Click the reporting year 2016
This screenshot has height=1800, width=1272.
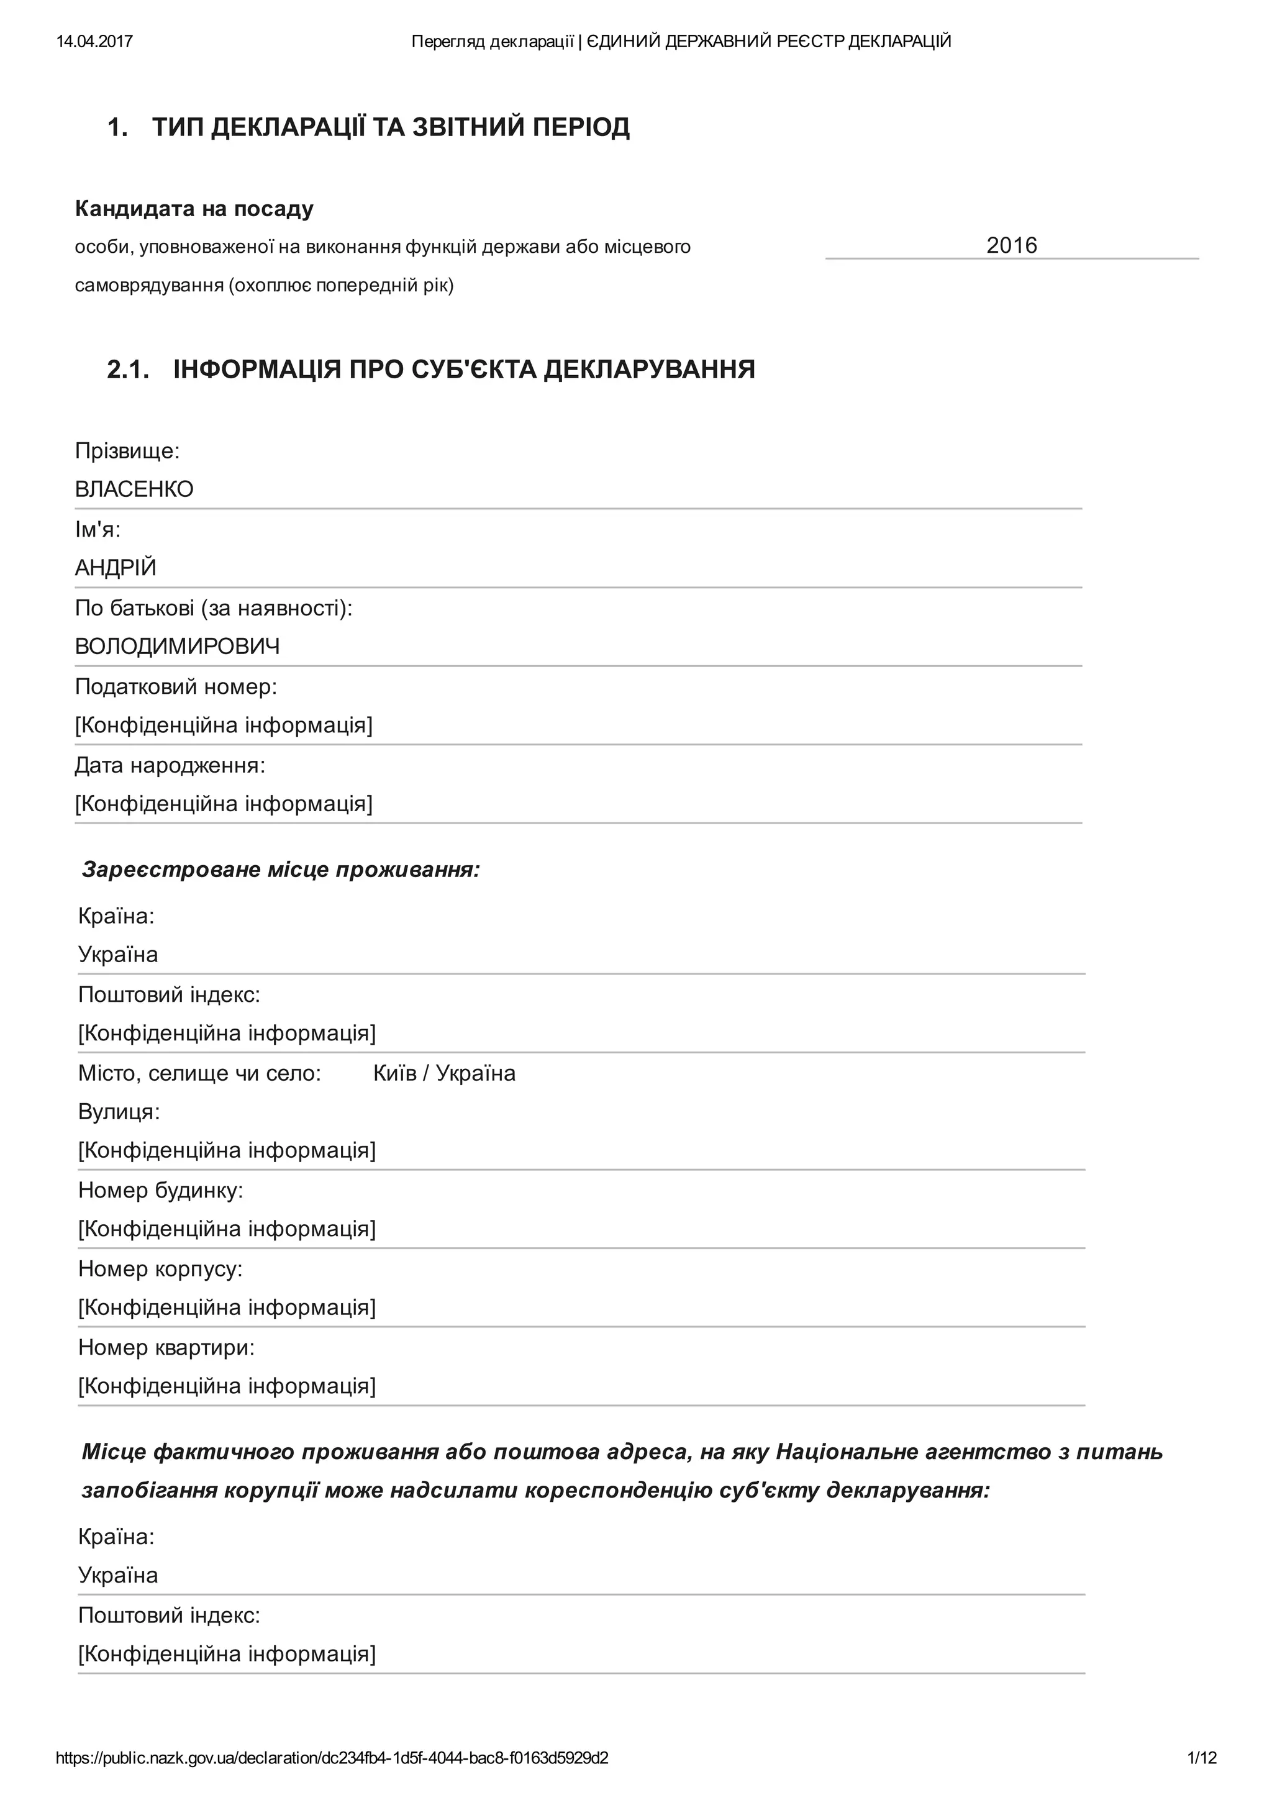tap(1011, 245)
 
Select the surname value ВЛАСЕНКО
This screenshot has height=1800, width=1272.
tap(134, 489)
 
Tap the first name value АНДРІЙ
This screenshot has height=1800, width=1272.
tap(116, 568)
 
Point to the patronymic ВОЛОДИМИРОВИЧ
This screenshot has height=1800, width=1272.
tap(177, 647)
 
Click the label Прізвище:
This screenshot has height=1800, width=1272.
tap(127, 451)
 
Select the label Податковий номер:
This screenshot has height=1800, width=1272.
tap(176, 687)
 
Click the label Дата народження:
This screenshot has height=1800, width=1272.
tap(170, 765)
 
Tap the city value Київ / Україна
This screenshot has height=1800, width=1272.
tap(444, 1073)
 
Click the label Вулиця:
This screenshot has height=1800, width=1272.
tap(119, 1112)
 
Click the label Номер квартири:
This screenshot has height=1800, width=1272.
tap(167, 1348)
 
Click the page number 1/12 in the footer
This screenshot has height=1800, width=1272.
tap(1201, 1758)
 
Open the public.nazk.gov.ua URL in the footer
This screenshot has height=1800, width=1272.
tap(332, 1758)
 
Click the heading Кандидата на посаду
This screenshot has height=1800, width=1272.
tap(194, 209)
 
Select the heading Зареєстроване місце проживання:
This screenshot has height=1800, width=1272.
tap(281, 870)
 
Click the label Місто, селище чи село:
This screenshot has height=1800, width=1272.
tap(200, 1073)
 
